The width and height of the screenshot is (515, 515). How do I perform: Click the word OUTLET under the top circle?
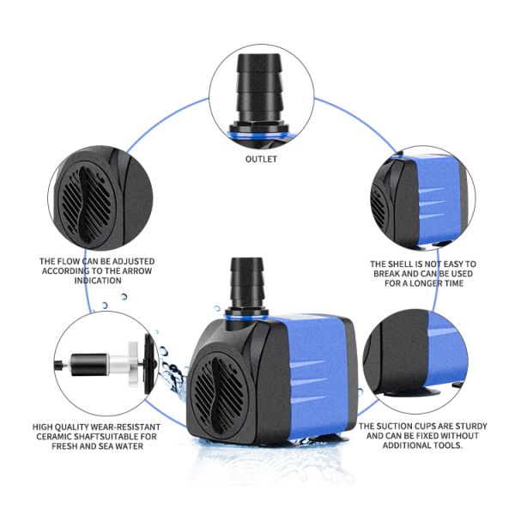coord(261,159)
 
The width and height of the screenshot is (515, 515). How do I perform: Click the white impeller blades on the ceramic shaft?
coord(133,364)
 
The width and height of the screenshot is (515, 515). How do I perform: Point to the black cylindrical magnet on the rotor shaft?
coord(89,365)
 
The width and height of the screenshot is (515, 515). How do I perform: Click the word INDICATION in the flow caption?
coord(98,281)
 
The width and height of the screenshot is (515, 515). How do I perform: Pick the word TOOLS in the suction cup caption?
coord(448,445)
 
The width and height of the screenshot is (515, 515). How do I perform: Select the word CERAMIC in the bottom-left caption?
coord(52,437)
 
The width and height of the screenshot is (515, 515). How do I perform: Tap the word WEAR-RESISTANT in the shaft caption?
coord(125,427)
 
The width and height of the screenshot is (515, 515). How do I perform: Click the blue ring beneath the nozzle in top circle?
coord(259,136)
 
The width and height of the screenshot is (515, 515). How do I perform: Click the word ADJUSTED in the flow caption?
coord(133,262)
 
